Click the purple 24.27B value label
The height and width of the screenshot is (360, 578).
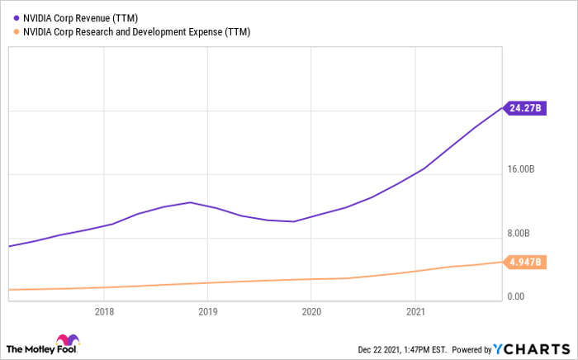[526, 108]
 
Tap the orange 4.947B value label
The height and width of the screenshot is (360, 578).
[526, 263]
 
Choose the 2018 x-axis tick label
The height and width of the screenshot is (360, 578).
[104, 312]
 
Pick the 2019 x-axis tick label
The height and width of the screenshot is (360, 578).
[207, 312]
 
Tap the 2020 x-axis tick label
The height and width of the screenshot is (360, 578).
[311, 312]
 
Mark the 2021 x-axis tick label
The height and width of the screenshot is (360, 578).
[415, 312]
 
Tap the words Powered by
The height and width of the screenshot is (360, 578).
[471, 348]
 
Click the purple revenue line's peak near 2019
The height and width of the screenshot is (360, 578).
[190, 202]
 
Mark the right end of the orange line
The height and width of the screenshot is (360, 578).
[502, 262]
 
